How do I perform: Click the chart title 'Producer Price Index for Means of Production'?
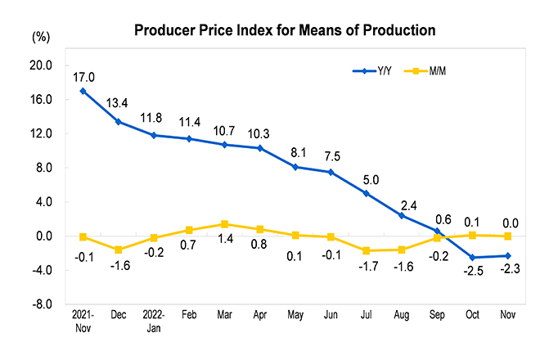pyautogui.click(x=284, y=31)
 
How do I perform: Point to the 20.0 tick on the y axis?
pyautogui.click(x=42, y=65)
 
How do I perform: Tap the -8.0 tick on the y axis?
pyautogui.click(x=42, y=304)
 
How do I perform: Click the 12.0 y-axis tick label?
pyautogui.click(x=42, y=133)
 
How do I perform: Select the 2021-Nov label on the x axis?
pyautogui.click(x=83, y=320)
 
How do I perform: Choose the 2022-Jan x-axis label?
pyautogui.click(x=154, y=320)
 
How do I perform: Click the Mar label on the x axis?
pyautogui.click(x=223, y=315)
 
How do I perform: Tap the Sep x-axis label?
pyautogui.click(x=437, y=315)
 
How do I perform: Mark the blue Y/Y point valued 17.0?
pyautogui.click(x=83, y=91)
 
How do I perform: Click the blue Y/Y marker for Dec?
pyautogui.click(x=119, y=122)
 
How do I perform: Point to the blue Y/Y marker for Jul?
pyautogui.click(x=366, y=193)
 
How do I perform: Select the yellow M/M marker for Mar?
pyautogui.click(x=224, y=224)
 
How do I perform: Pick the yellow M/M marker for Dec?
pyautogui.click(x=119, y=250)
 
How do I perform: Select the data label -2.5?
pyautogui.click(x=472, y=276)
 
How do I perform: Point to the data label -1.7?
pyautogui.click(x=367, y=267)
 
